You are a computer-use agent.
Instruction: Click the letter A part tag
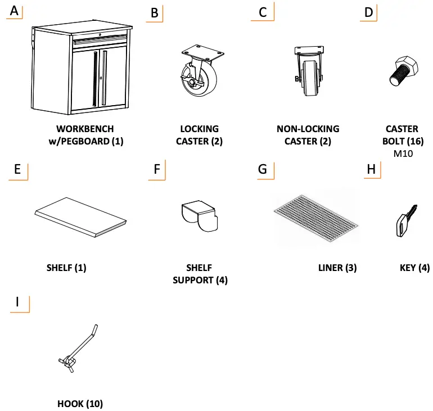tap(13, 11)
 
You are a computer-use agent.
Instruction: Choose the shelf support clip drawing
tap(199, 216)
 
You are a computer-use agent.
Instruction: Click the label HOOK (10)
tap(80, 403)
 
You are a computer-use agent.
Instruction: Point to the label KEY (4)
tap(414, 268)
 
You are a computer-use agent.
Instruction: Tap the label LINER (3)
tap(337, 268)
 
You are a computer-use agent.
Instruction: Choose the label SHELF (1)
tap(66, 268)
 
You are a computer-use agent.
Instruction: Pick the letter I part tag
tap(18, 302)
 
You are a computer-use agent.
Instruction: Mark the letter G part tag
tap(261, 169)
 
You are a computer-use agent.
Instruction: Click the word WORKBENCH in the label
tap(85, 129)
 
